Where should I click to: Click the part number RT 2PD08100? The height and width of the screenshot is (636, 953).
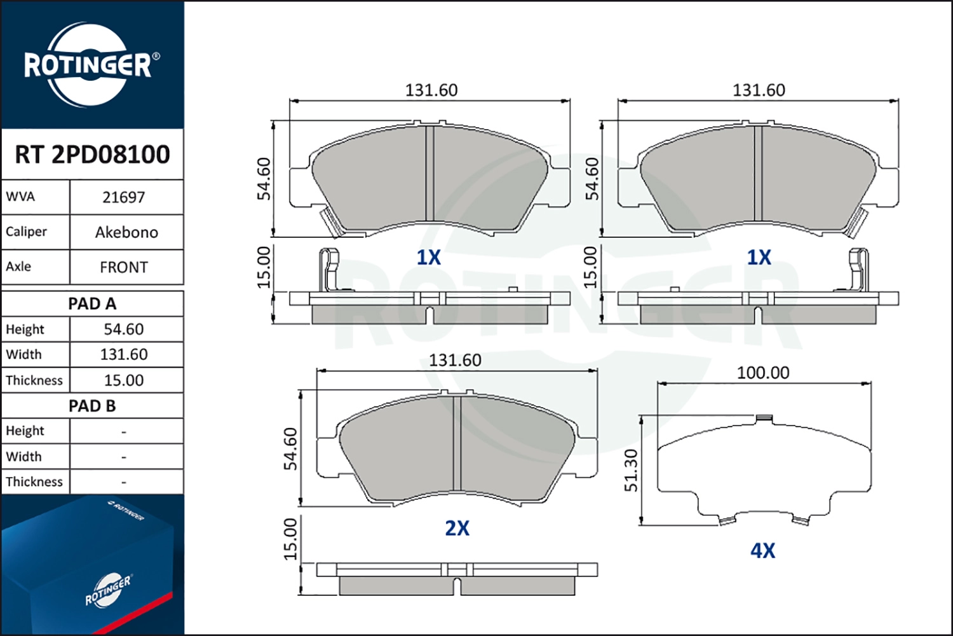coord(92,154)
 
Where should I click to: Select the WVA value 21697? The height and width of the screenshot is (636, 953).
coord(124,197)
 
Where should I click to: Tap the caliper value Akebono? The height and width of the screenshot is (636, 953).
coord(126,232)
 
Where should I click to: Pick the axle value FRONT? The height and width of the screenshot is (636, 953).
coord(124,267)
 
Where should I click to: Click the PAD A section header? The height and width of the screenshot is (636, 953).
coord(92,304)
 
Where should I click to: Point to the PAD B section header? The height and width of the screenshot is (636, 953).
coord(92,406)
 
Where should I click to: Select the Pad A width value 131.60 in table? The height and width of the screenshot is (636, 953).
coord(124,354)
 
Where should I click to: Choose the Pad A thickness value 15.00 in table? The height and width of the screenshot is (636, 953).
coord(124,380)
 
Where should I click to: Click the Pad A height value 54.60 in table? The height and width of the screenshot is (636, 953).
coord(124,329)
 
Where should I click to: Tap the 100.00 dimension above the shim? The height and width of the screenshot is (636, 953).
coord(763,373)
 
